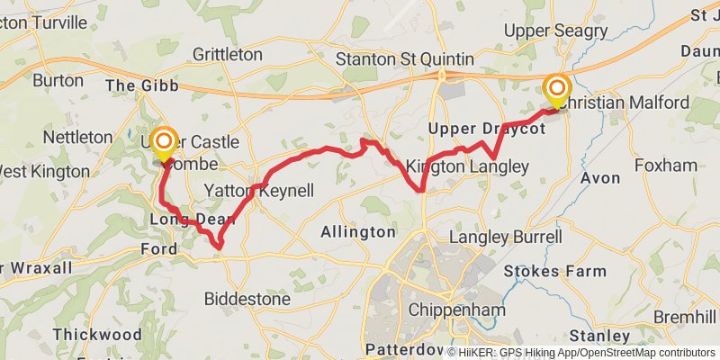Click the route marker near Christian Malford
point(557,89)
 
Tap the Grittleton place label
point(227,55)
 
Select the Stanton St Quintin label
point(404,59)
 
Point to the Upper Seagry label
point(555,31)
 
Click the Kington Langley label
point(466,166)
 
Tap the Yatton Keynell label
point(259,191)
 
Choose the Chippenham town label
point(447,309)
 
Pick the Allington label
point(358,232)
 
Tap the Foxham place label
point(666,166)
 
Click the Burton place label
point(58,80)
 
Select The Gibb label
point(142,85)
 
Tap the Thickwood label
point(96,334)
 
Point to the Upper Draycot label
point(487,130)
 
